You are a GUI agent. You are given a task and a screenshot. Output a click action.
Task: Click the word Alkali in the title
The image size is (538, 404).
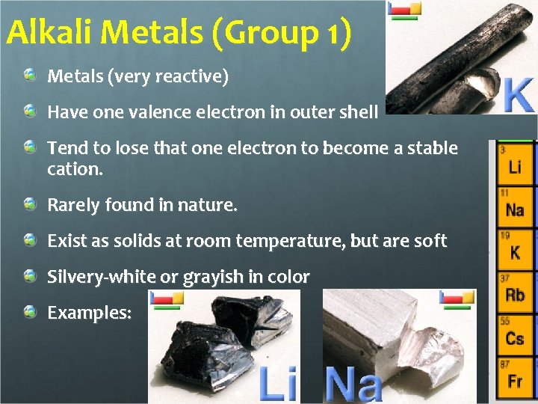(50, 32)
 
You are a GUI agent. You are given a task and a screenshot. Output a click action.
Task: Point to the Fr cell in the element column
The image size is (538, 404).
(515, 379)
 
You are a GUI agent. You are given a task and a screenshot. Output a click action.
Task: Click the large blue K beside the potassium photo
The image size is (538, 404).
(518, 95)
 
